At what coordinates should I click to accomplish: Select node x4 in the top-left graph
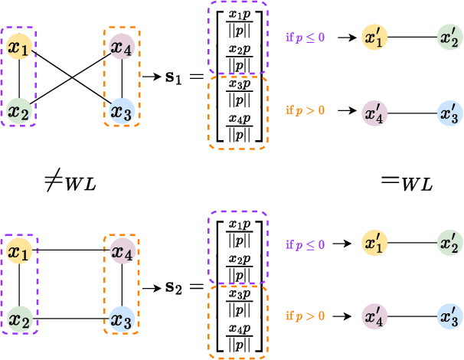pyautogui.click(x=121, y=47)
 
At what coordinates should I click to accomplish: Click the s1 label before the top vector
pyautogui.click(x=175, y=79)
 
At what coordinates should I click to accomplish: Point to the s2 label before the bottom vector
pyautogui.click(x=175, y=288)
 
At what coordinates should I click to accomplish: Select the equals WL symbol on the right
pyautogui.click(x=405, y=184)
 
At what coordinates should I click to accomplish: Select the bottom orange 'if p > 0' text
pyautogui.click(x=305, y=315)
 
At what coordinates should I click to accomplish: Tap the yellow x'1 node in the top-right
pyautogui.click(x=375, y=36)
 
